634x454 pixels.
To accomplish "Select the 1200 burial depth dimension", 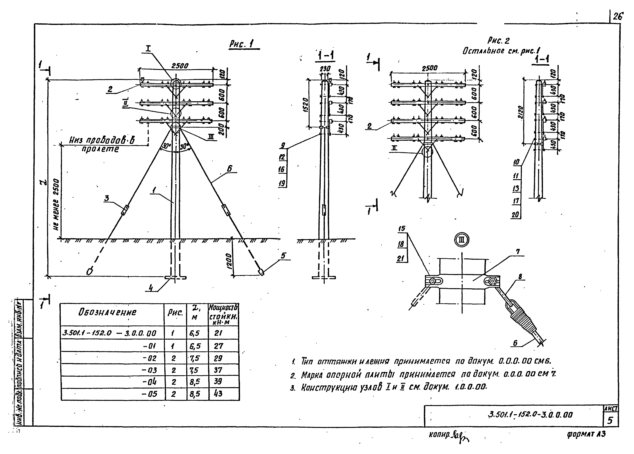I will pyautogui.click(x=229, y=261).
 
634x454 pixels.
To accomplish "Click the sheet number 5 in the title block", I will pyautogui.click(x=610, y=420).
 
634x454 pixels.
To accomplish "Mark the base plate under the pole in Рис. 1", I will pyautogui.click(x=175, y=278).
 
